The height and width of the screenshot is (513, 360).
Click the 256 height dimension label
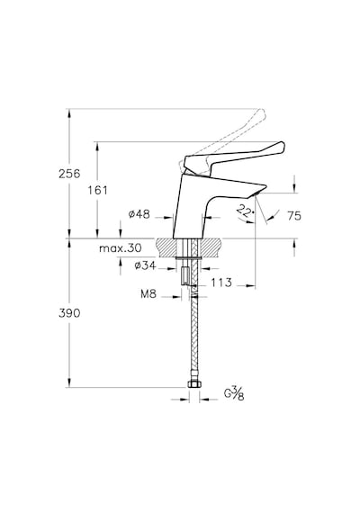(69, 174)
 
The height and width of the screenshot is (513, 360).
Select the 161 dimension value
(97, 190)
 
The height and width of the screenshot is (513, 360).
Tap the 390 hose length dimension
(69, 313)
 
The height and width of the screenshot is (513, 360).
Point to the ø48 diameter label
(139, 214)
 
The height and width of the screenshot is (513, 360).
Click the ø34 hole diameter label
(145, 265)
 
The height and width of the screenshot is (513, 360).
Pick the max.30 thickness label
(121, 248)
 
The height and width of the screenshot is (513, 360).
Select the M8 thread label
(148, 294)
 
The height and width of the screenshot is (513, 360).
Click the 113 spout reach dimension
(221, 282)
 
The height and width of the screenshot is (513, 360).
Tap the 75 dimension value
(294, 216)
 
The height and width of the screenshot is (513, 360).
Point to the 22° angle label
(246, 211)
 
